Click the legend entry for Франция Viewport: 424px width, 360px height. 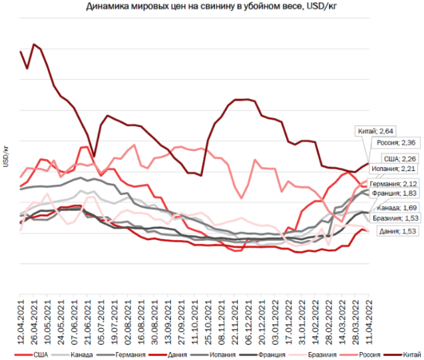(264, 353)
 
